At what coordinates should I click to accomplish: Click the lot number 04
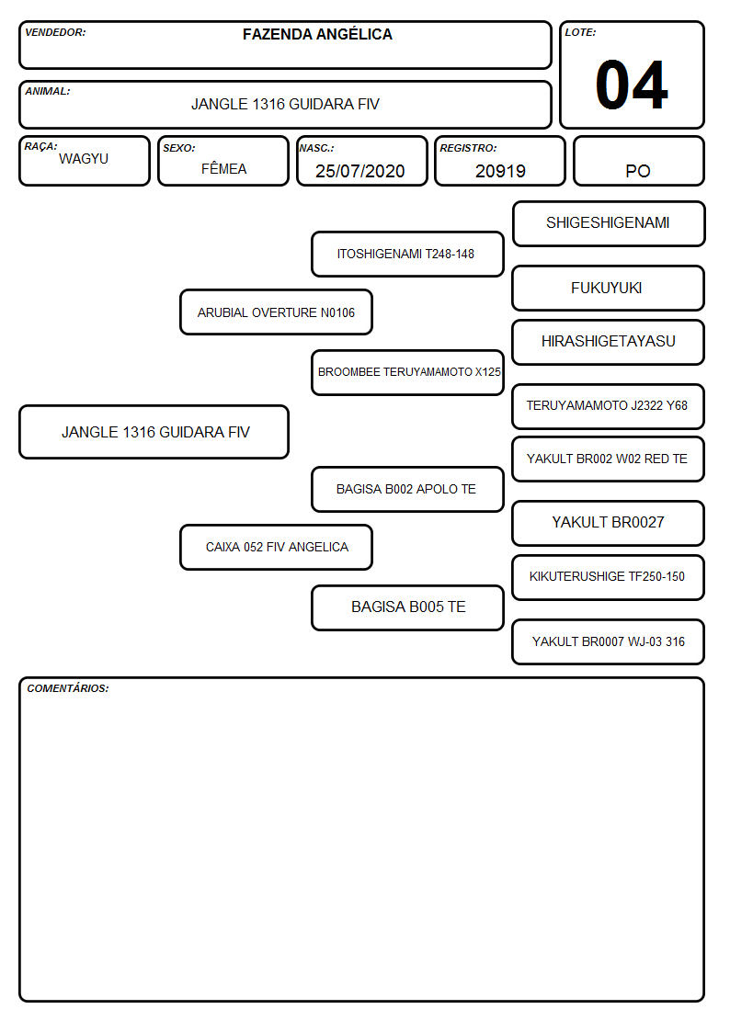pyautogui.click(x=632, y=85)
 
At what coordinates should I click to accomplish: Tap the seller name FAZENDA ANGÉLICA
pyautogui.click(x=317, y=34)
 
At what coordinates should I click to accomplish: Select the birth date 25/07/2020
pyautogui.click(x=360, y=171)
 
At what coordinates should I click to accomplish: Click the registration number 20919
pyautogui.click(x=500, y=171)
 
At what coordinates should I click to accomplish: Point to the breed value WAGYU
pyautogui.click(x=84, y=159)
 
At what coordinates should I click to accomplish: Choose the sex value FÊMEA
pyautogui.click(x=223, y=168)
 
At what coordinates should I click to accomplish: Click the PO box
pyautogui.click(x=638, y=161)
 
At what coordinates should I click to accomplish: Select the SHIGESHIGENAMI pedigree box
pyautogui.click(x=609, y=224)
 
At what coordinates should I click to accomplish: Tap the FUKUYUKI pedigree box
pyautogui.click(x=609, y=289)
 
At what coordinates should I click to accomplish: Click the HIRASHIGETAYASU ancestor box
pyautogui.click(x=609, y=342)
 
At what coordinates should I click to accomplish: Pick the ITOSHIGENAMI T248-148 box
pyautogui.click(x=407, y=254)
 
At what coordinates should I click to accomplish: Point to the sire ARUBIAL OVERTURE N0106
pyautogui.click(x=276, y=312)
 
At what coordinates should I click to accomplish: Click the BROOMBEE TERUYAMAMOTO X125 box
pyautogui.click(x=407, y=372)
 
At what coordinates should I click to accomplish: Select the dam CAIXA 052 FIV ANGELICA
pyautogui.click(x=276, y=547)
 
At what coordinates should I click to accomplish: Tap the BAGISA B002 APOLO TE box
pyautogui.click(x=407, y=489)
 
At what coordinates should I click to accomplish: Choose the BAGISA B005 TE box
pyautogui.click(x=407, y=607)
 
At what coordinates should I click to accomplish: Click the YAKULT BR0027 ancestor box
pyautogui.click(x=609, y=523)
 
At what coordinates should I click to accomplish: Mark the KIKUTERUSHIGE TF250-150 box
pyautogui.click(x=609, y=577)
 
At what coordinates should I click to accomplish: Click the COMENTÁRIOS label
pyautogui.click(x=68, y=688)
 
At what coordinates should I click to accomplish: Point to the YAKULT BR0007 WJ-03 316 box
pyautogui.click(x=609, y=641)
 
